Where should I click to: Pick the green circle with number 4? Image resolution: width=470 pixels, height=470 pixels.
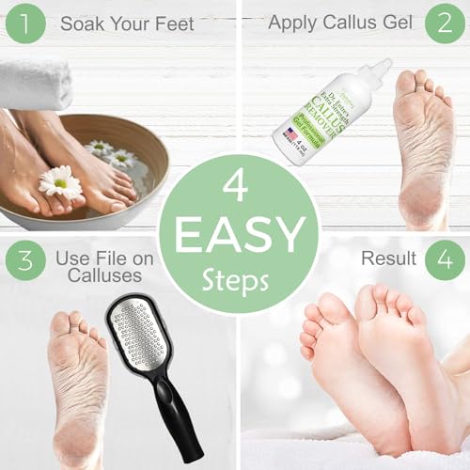point(444,262)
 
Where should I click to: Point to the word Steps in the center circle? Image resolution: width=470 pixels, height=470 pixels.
point(235,280)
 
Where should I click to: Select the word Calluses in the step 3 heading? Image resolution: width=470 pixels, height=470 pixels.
point(106,276)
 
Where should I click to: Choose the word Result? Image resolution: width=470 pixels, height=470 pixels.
point(384,255)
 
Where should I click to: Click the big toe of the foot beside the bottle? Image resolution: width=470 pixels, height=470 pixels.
point(406,83)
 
